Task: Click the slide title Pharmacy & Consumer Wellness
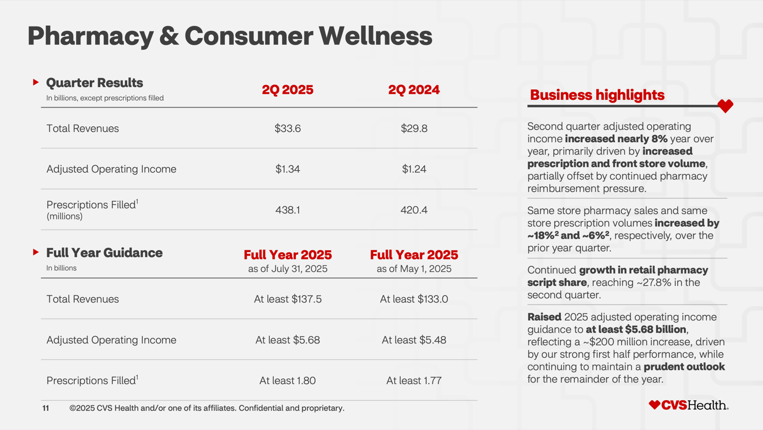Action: [230, 36]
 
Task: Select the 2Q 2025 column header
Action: [288, 90]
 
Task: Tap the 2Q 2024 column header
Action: [414, 90]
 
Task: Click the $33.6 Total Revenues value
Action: [288, 128]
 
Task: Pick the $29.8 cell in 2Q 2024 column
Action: [414, 128]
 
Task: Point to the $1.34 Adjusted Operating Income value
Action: [288, 169]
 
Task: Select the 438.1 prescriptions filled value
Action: [288, 210]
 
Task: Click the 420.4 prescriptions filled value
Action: [414, 210]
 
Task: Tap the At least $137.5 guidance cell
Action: [288, 299]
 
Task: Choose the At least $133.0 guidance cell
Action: [414, 299]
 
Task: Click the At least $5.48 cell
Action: [414, 340]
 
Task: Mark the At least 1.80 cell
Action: [288, 381]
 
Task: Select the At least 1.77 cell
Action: [414, 381]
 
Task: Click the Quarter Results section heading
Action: [95, 83]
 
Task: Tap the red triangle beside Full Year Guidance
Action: [36, 252]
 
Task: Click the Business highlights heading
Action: [597, 95]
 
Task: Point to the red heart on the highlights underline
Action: [725, 106]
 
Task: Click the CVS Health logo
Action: [689, 405]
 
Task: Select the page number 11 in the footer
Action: [46, 409]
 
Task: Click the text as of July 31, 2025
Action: [288, 269]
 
